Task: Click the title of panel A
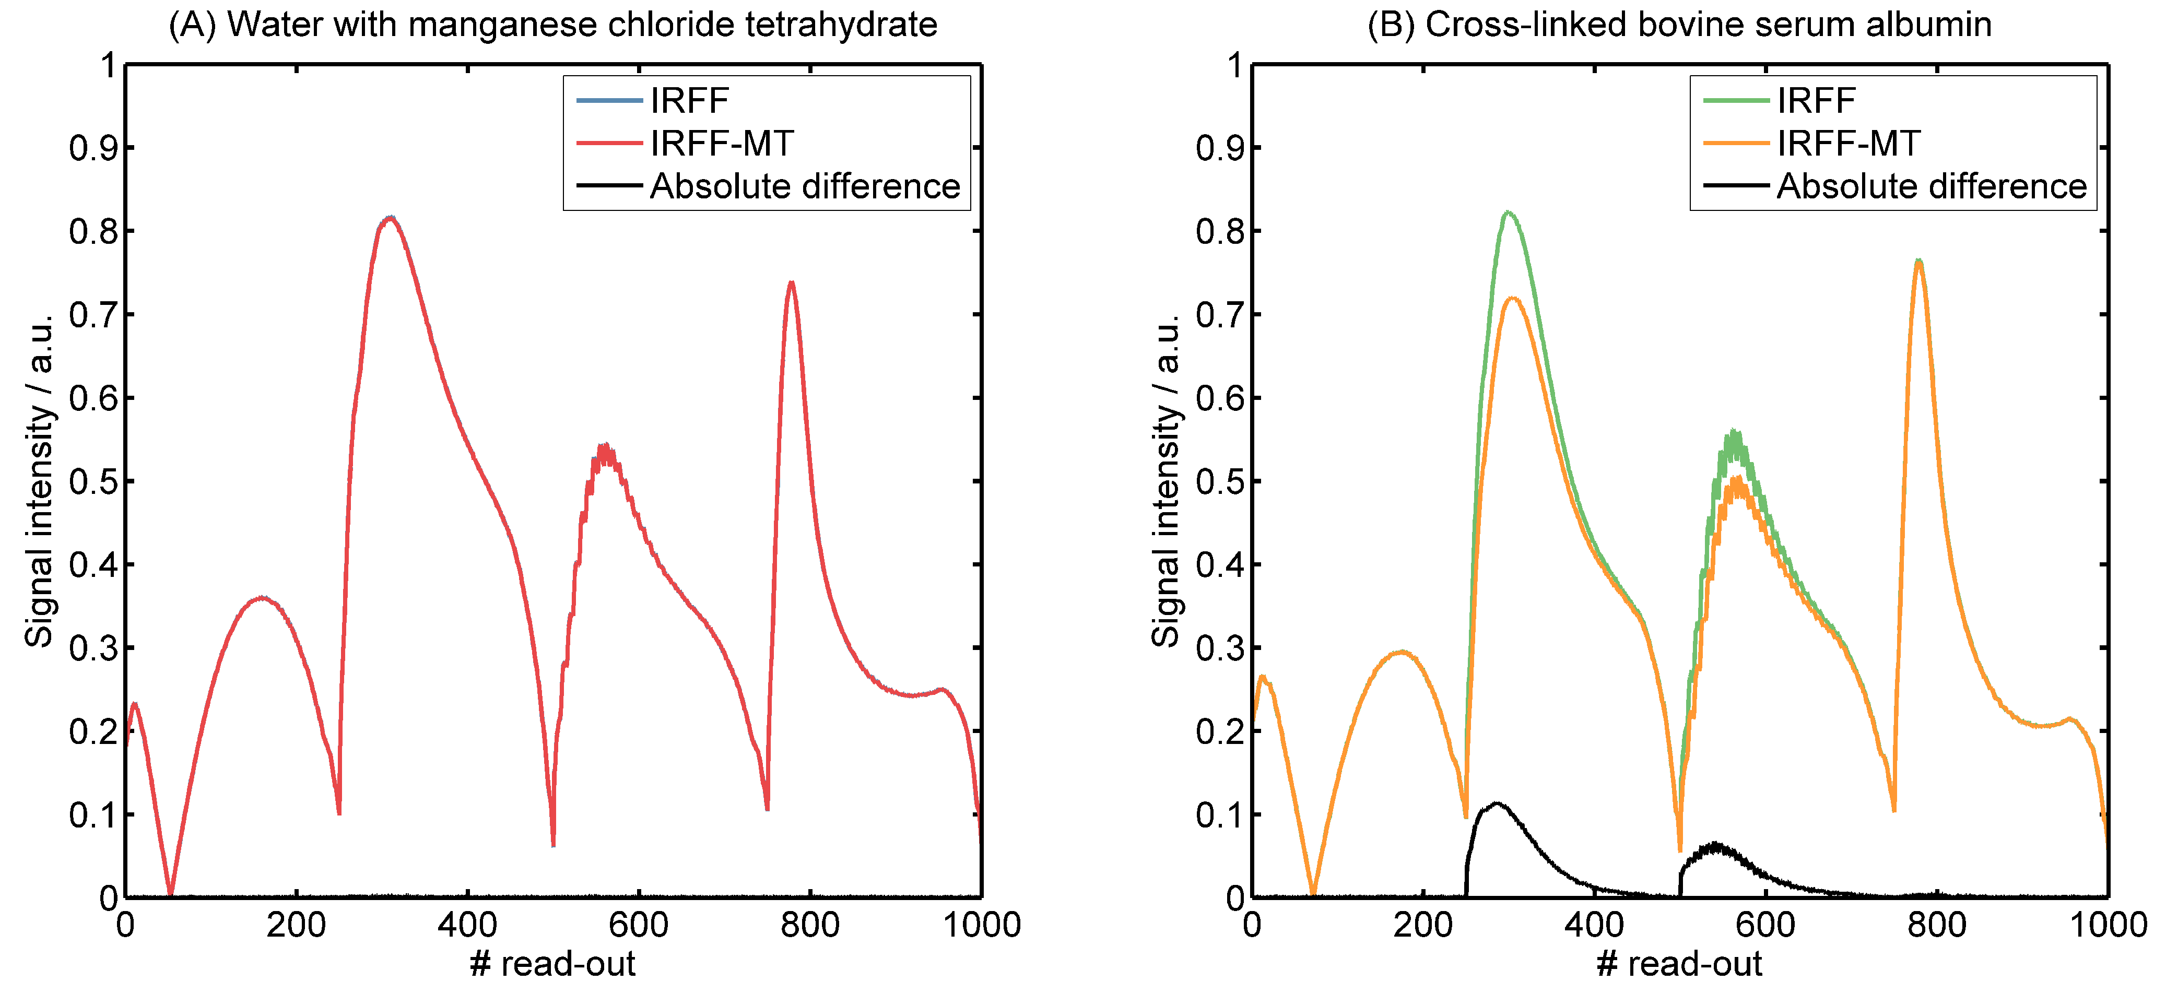click(x=552, y=25)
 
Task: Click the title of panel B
click(x=1679, y=25)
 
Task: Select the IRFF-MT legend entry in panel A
click(x=722, y=144)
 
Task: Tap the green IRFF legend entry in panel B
click(x=1816, y=101)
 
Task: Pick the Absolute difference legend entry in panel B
click(x=1932, y=186)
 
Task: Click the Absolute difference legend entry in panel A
click(x=805, y=186)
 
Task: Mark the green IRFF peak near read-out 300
click(x=1508, y=212)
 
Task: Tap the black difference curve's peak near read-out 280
click(x=1496, y=804)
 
